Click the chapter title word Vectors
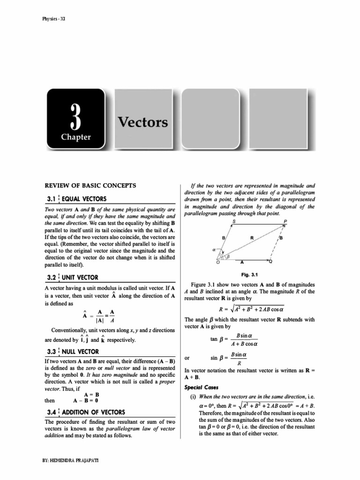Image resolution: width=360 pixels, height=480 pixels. [142, 122]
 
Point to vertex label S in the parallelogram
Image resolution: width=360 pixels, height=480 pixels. [234, 221]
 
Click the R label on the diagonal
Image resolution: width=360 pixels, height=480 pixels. [252, 238]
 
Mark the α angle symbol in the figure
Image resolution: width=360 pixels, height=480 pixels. [214, 250]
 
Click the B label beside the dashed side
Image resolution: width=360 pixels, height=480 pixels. [281, 238]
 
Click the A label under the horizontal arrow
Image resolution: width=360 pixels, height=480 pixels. [242, 263]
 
